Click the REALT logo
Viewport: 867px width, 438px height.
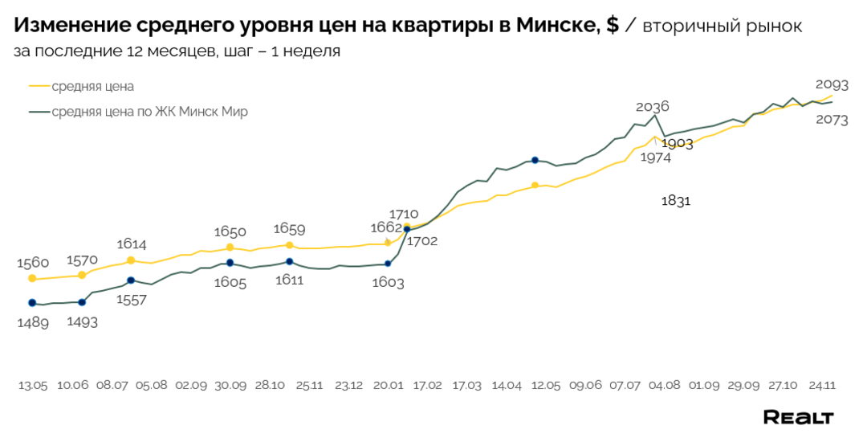[x=798, y=417]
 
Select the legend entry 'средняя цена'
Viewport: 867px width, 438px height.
[x=92, y=86]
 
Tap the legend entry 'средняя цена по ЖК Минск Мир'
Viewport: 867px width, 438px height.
[x=149, y=112]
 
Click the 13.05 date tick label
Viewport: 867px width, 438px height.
[x=33, y=386]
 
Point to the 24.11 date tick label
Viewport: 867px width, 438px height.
[x=820, y=386]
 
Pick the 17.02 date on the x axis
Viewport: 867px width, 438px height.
[x=427, y=386]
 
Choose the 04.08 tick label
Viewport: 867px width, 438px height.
[x=664, y=386]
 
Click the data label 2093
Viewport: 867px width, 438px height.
[x=832, y=84]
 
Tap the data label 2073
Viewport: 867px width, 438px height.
[x=832, y=120]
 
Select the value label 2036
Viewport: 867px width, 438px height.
[x=652, y=107]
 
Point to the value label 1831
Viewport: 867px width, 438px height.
[x=676, y=201]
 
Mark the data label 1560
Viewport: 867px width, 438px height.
[x=33, y=262]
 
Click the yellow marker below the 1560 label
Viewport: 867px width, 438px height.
[x=32, y=279]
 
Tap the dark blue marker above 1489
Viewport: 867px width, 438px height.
[x=32, y=303]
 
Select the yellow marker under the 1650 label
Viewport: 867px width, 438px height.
[x=230, y=248]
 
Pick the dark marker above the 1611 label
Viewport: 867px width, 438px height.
[x=289, y=261]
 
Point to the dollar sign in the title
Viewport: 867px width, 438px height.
[x=613, y=26]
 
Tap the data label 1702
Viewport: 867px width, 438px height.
[x=422, y=240]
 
